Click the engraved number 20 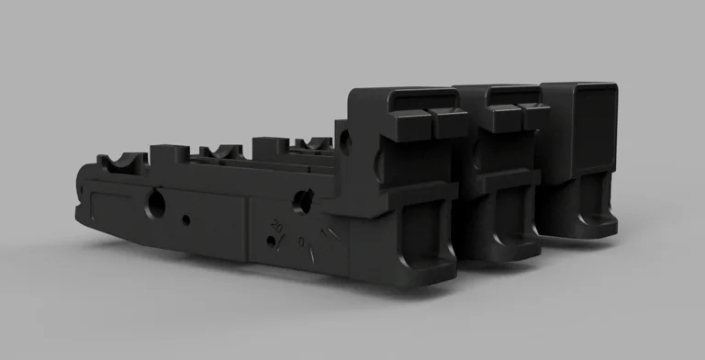pos(276,223)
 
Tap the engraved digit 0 pos(302,241)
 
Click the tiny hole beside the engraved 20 pos(269,242)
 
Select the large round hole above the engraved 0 pos(301,197)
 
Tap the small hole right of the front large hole pos(186,219)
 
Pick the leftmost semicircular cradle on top pos(123,162)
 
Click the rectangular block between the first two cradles pos(170,153)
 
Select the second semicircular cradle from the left pos(220,152)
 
